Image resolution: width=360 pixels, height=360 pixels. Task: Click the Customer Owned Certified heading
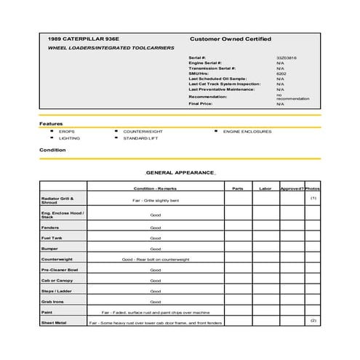[230, 38]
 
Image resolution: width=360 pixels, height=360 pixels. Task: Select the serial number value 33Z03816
[286, 57]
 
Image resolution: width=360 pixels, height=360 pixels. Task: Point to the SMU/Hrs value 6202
[281, 73]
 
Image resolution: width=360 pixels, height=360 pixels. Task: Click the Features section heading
[51, 124]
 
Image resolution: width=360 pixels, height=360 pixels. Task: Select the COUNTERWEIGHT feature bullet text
[143, 132]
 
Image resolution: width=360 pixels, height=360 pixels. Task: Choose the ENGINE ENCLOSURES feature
[247, 132]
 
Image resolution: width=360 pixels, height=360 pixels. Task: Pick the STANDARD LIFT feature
[140, 138]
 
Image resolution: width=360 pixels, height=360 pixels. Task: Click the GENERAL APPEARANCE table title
[180, 172]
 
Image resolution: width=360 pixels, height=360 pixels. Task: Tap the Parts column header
[238, 188]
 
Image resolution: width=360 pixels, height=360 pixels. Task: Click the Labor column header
[265, 188]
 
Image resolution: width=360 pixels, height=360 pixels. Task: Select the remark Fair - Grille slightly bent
[155, 199]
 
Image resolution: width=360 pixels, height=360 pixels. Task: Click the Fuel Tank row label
[52, 238]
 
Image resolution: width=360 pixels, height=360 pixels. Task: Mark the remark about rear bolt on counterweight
[155, 259]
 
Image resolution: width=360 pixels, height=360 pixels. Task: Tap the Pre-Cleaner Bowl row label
[59, 270]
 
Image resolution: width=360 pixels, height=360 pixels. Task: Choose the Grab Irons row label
[52, 301]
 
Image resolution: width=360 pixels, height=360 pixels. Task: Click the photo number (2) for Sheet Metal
[313, 320]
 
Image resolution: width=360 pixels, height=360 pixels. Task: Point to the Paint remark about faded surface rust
[155, 312]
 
